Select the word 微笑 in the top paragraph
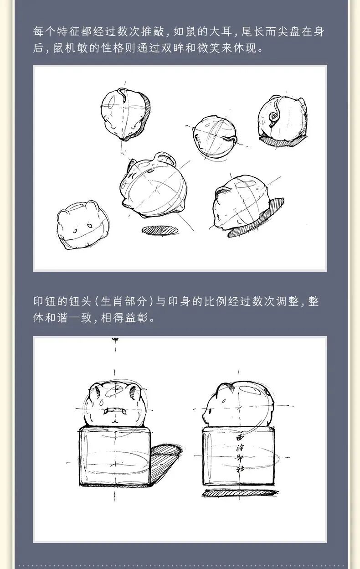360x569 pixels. (209, 48)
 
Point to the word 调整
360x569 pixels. (288, 301)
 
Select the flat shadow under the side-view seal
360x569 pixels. (240, 492)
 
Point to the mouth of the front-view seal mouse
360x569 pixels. (115, 410)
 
